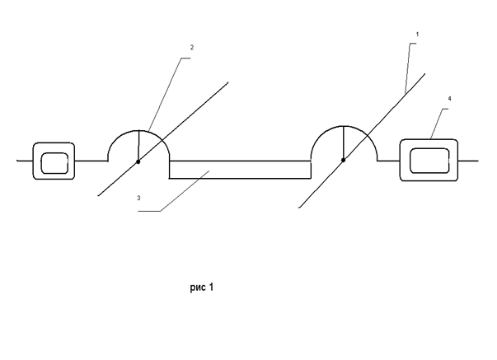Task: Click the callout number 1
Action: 419,34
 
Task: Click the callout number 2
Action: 192,48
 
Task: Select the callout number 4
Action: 449,98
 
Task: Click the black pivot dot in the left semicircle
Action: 138,161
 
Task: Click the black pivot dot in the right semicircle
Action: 343,161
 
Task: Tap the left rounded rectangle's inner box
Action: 54,161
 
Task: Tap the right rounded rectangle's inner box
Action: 428,159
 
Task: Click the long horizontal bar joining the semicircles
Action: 239,170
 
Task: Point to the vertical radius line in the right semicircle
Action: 343,143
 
